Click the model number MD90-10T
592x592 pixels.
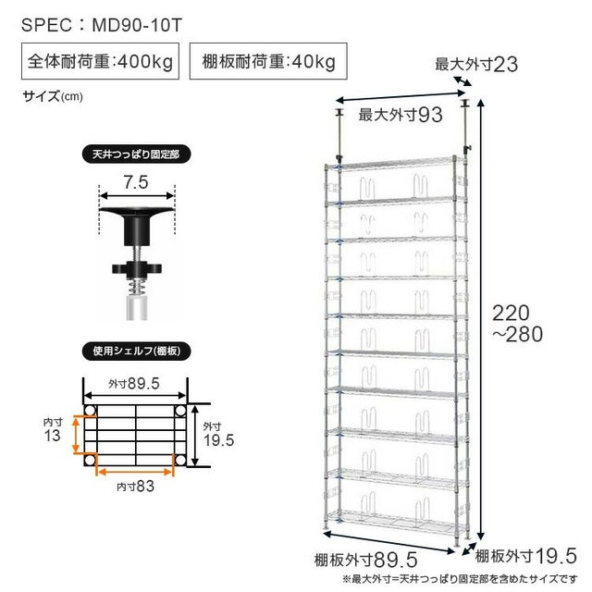click(137, 25)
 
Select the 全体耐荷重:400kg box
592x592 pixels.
click(100, 61)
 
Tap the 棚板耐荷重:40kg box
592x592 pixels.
click(268, 61)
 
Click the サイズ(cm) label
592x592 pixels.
click(53, 96)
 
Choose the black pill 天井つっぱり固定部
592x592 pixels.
click(136, 154)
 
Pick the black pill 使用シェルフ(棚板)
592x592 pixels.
click(136, 351)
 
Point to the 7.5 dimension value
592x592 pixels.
click(136, 182)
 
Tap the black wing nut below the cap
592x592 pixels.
click(137, 269)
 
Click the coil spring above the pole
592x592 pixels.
click(137, 289)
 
